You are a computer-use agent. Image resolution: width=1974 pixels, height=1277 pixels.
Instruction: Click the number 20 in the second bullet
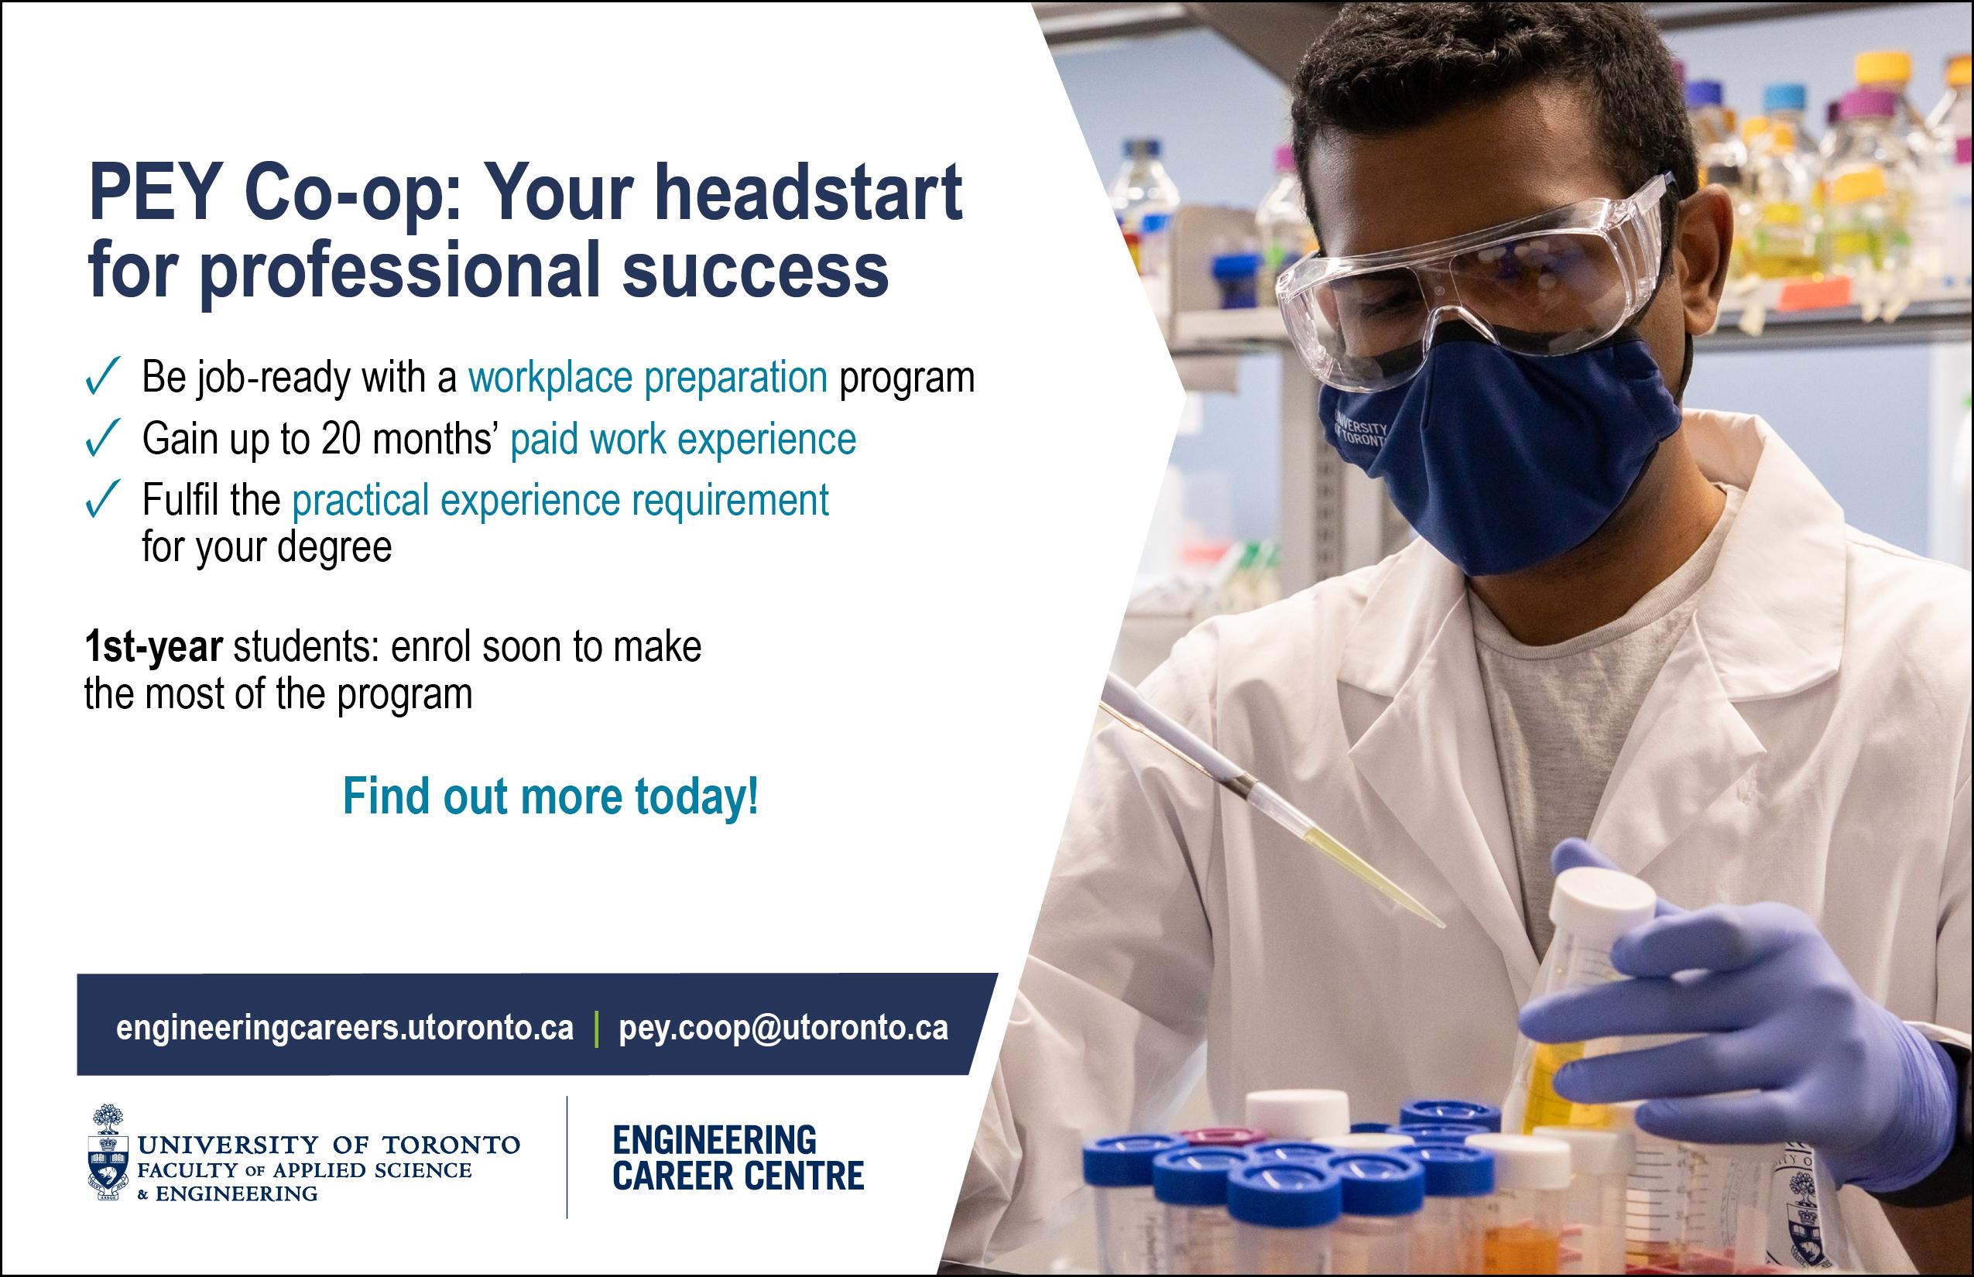[x=341, y=439]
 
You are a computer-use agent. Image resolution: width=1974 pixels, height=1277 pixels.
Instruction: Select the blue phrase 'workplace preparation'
[x=648, y=378]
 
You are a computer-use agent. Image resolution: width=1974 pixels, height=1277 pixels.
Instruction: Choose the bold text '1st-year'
[x=153, y=648]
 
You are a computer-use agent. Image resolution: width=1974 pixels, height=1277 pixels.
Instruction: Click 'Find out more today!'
[x=550, y=797]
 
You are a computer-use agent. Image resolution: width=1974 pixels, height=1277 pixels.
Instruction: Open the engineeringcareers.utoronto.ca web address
[x=345, y=1029]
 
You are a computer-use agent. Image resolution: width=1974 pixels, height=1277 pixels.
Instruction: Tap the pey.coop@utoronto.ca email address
[x=783, y=1029]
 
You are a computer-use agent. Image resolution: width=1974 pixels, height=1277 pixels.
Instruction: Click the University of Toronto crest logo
[x=108, y=1152]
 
